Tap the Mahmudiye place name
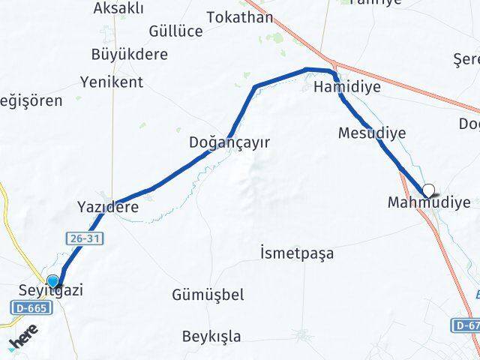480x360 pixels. pos(429,202)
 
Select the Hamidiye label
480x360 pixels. pos(346,87)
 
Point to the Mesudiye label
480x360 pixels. pos(372,133)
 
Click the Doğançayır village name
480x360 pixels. pos(229,142)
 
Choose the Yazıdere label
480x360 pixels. pos(108,207)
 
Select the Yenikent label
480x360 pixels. pos(112,82)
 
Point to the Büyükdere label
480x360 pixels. pos(129,54)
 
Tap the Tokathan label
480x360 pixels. pos(240,16)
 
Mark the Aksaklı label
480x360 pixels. pos(119,8)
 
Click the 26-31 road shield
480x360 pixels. pos(83,238)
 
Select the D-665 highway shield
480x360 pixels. pos(29,307)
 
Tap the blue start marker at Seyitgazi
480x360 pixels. pos(52,281)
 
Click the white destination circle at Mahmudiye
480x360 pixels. pos(429,190)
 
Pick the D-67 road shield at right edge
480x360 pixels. pos(466,325)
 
